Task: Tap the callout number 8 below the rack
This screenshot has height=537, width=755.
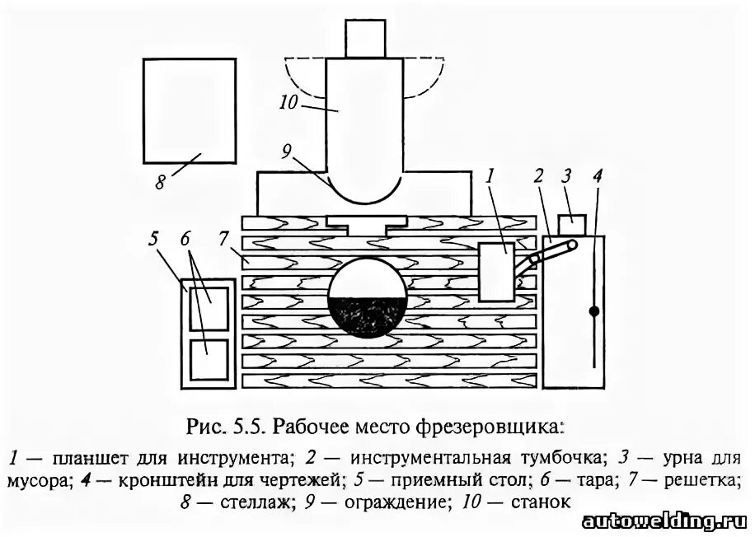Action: coord(160,182)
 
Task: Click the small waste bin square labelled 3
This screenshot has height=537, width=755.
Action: coord(571,225)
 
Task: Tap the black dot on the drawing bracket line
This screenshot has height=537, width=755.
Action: coord(593,311)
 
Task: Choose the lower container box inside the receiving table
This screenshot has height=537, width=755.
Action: coord(209,359)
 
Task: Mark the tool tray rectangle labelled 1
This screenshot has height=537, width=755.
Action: coord(496,271)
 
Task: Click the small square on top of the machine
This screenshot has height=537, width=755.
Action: coord(364,38)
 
